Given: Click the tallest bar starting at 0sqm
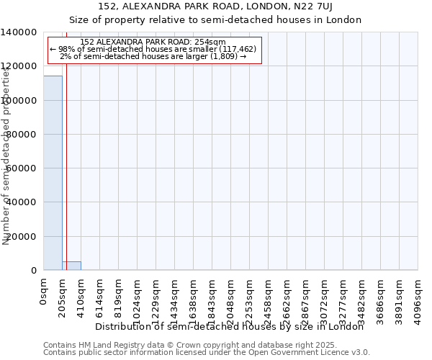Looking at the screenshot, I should (x=53, y=173).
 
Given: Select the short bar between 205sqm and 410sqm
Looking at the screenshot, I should (x=71, y=266).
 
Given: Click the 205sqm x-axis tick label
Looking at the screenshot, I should (x=63, y=297).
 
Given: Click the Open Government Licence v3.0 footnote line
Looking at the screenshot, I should (x=207, y=353).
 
